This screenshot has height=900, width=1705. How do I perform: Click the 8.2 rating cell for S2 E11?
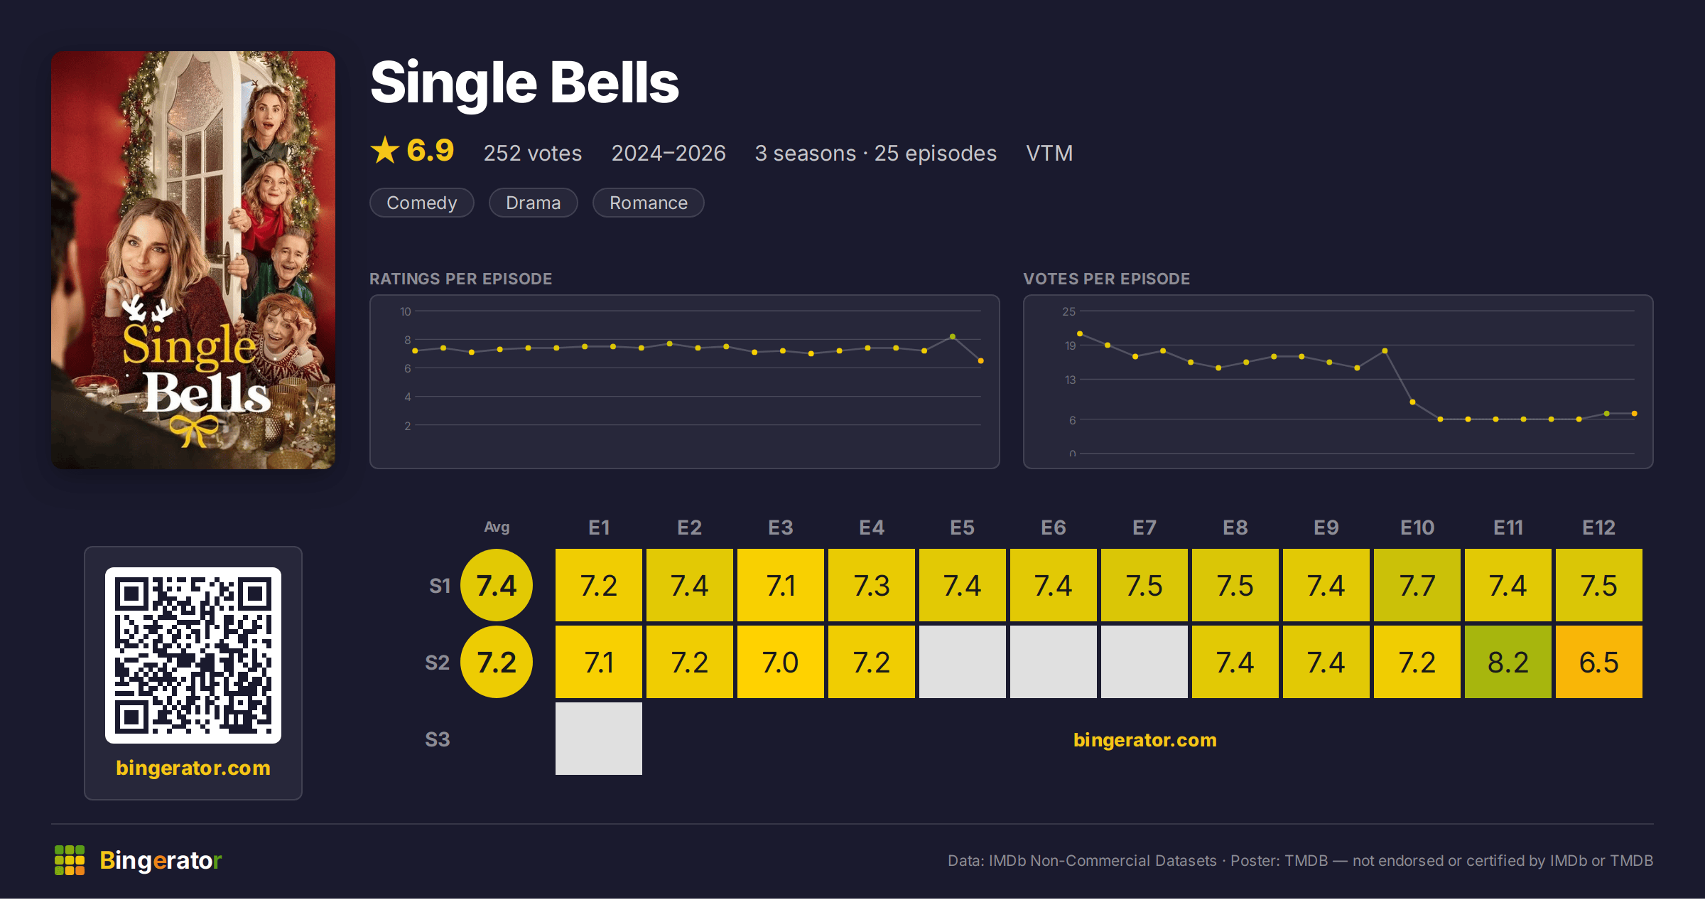1508,662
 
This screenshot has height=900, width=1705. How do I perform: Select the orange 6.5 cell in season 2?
1598,662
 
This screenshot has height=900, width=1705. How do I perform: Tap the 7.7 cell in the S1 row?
1417,585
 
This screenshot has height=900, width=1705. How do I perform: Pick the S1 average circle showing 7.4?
497,585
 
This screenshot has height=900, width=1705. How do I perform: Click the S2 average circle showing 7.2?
497,662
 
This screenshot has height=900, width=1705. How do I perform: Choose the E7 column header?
1144,527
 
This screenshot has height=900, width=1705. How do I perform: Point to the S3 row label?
438,739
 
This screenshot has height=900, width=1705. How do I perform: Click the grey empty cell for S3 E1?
599,739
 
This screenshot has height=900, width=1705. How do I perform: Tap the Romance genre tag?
649,203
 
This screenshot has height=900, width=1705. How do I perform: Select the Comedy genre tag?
422,203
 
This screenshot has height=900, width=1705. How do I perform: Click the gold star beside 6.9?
385,150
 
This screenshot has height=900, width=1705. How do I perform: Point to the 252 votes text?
533,153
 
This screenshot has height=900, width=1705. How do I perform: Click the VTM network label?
1049,153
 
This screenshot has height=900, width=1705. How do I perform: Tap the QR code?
193,655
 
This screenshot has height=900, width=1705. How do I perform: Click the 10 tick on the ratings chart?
406,311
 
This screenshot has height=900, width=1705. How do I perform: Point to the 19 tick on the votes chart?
1070,345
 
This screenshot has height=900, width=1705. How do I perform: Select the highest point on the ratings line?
953,336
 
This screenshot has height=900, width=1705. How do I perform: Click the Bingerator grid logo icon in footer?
70,860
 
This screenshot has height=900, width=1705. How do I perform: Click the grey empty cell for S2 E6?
1053,662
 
